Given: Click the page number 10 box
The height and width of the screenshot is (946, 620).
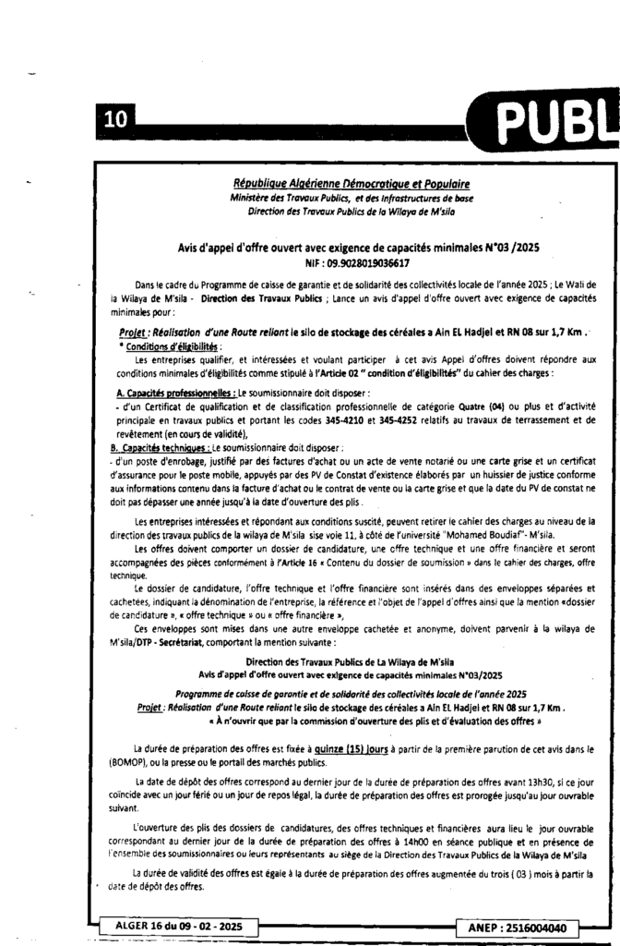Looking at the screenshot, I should tap(115, 119).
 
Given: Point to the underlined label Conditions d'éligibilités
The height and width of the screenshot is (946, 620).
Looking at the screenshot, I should tap(167, 346).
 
